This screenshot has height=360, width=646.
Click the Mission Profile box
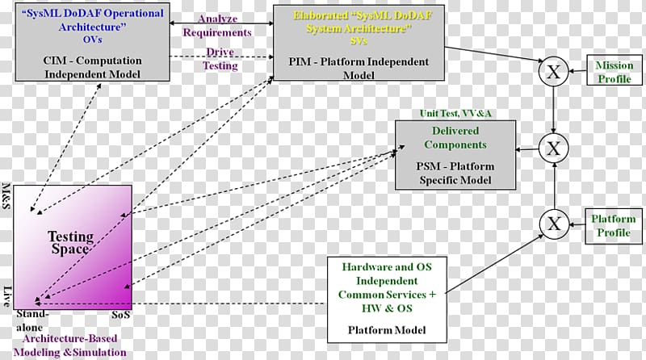(613, 73)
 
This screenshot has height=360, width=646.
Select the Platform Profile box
(613, 226)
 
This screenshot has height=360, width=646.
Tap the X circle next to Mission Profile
(552, 73)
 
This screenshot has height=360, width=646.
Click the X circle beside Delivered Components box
(552, 148)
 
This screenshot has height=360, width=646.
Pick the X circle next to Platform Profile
(552, 224)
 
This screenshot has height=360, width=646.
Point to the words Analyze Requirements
(217, 26)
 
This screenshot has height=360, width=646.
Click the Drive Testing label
(220, 60)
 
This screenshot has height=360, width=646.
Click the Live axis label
(7, 295)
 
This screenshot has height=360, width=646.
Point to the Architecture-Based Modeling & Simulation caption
(73, 346)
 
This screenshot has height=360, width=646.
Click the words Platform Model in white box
(388, 331)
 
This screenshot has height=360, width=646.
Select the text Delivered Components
(454, 138)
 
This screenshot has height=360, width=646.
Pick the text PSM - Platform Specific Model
(454, 173)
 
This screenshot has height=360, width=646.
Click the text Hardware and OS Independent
(388, 275)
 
